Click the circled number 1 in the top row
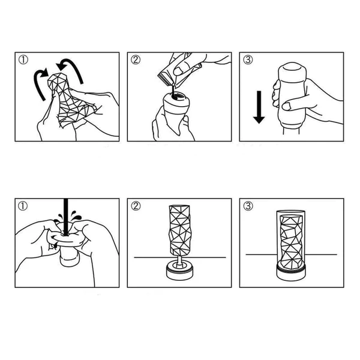point(23,60)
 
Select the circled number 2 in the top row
point(136,60)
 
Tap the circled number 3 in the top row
point(248,60)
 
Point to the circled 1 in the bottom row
point(23,206)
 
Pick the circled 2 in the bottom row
point(136,206)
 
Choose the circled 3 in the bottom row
point(248,206)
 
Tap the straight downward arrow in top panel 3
point(259,107)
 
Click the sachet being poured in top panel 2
point(179,69)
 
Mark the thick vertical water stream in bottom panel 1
point(66,217)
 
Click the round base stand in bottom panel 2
point(179,271)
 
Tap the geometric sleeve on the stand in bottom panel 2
point(180,230)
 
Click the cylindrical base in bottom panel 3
point(291,272)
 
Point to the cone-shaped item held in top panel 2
point(176,110)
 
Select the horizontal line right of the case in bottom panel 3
point(321,254)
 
